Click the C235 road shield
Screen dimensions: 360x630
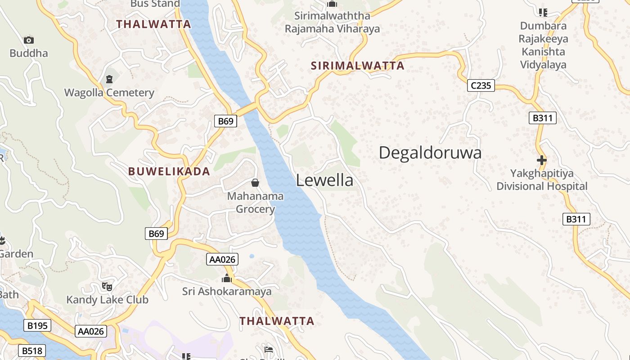[481, 85]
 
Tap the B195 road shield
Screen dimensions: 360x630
[37, 325]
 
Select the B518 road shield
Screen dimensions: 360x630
[31, 351]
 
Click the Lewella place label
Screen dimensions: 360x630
[324, 180]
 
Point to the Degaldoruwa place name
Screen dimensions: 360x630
[430, 153]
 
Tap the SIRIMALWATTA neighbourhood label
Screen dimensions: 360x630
[358, 66]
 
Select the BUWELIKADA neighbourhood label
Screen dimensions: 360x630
[169, 171]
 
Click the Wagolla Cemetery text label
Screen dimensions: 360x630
[109, 93]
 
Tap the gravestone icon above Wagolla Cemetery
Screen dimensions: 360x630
[109, 80]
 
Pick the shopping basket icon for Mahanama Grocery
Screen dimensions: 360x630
[255, 183]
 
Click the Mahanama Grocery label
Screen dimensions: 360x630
[255, 202]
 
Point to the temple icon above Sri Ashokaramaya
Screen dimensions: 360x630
[227, 279]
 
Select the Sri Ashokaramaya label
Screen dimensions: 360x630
[227, 292]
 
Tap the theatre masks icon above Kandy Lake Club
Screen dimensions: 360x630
[107, 287]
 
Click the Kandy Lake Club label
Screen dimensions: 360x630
[107, 300]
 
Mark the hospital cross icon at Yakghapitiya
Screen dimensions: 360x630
[541, 160]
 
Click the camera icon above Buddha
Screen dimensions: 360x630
[29, 40]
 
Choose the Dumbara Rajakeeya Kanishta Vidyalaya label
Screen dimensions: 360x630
[543, 45]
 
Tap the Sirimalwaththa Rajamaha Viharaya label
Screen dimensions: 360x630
[332, 22]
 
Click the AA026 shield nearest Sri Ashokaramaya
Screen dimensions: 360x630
[222, 259]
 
